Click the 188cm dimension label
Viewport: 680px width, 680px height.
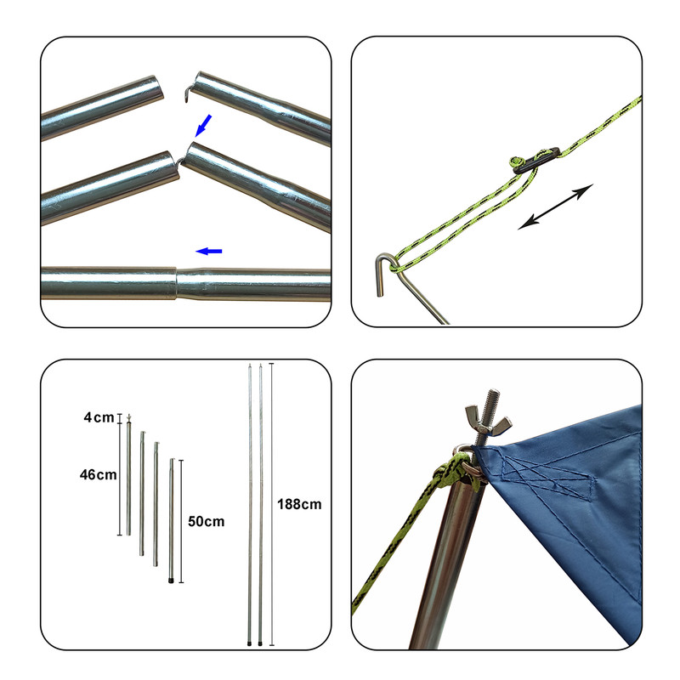pos(299,504)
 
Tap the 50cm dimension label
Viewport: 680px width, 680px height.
pos(206,521)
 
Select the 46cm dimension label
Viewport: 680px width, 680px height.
pos(98,475)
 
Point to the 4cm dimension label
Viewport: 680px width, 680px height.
pos(99,417)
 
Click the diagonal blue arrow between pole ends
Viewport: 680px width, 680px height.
pos(203,125)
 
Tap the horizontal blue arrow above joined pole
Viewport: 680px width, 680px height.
pos(209,251)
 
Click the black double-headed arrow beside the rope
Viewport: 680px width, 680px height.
pos(556,207)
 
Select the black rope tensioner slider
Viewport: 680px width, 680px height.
pos(536,161)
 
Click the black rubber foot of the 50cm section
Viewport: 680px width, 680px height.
pos(172,580)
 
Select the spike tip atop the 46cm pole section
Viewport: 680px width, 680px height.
pos(128,418)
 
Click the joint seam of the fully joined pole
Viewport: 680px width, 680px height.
pos(177,283)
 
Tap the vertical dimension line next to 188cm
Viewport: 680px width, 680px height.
pos(271,504)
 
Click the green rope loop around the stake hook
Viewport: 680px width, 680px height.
pos(399,263)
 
